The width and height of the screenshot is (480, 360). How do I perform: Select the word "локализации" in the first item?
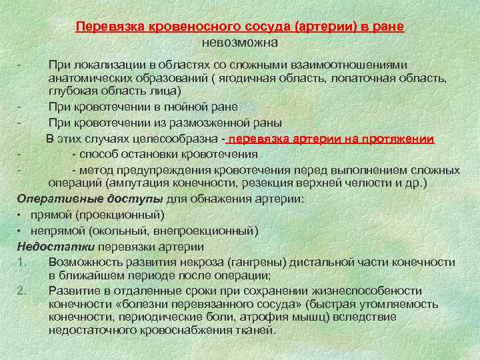109,65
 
